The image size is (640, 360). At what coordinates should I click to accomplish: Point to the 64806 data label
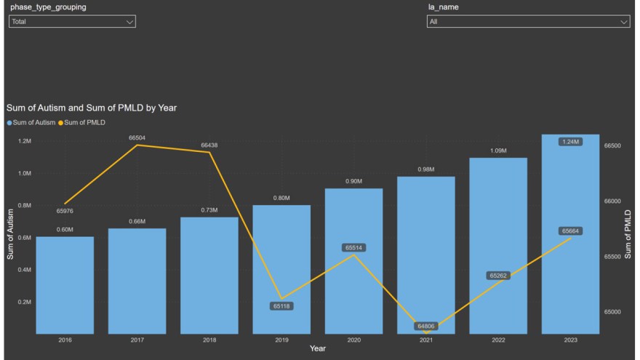click(426, 327)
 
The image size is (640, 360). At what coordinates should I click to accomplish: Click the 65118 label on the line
click(281, 306)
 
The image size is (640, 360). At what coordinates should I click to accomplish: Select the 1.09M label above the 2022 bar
click(498, 151)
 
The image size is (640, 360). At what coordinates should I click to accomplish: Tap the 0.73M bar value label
click(209, 209)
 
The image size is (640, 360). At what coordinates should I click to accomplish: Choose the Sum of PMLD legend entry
click(84, 122)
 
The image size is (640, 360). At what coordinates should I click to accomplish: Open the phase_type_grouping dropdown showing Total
click(72, 22)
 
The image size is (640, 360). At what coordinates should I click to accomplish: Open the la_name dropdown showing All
click(528, 22)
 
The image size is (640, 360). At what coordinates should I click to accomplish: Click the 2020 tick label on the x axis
click(353, 340)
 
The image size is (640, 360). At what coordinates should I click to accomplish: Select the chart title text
click(92, 108)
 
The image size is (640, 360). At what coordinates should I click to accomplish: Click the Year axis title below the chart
click(318, 349)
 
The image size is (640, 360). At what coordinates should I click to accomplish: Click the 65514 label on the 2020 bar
click(354, 248)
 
